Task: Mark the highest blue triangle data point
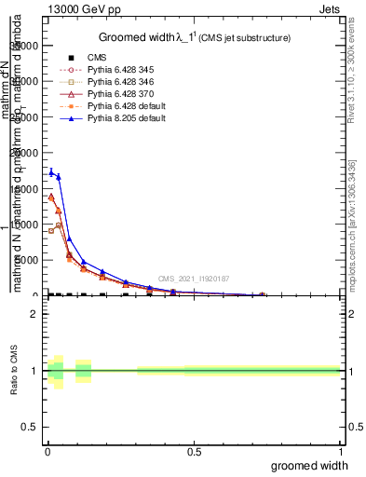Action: click(x=51, y=171)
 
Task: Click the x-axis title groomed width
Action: click(x=310, y=464)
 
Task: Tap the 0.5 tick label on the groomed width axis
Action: click(x=194, y=451)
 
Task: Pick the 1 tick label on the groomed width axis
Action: click(x=340, y=451)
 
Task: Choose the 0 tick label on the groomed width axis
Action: click(x=47, y=451)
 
